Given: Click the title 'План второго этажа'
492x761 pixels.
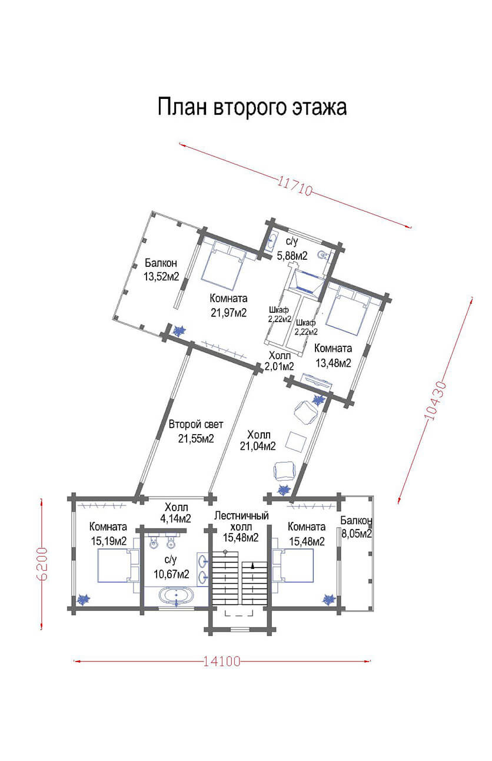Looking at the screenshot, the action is pyautogui.click(x=252, y=107).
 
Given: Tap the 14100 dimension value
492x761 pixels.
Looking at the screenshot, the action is pyautogui.click(x=222, y=661).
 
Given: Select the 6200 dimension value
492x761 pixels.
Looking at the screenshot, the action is pyautogui.click(x=43, y=564).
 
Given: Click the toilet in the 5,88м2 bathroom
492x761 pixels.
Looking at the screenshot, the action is pyautogui.click(x=323, y=255).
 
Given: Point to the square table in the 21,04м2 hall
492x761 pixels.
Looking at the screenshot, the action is pyautogui.click(x=296, y=442).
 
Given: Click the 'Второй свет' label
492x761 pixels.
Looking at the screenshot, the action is pyautogui.click(x=196, y=424).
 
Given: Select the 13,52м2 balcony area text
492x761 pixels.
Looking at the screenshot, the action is pyautogui.click(x=161, y=276).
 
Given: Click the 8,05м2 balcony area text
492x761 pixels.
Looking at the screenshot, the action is pyautogui.click(x=357, y=534).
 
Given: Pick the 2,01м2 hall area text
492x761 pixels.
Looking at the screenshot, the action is pyautogui.click(x=280, y=366).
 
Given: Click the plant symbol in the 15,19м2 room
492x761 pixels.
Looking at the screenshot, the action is pyautogui.click(x=83, y=599).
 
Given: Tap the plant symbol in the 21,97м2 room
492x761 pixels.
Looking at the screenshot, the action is pyautogui.click(x=178, y=330).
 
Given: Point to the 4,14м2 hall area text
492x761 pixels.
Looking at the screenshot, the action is pyautogui.click(x=175, y=518).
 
